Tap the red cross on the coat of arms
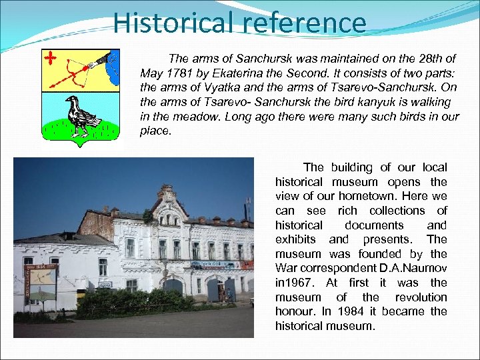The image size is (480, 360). pyautogui.click(x=51, y=58)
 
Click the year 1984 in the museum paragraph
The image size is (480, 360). pyautogui.click(x=351, y=311)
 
